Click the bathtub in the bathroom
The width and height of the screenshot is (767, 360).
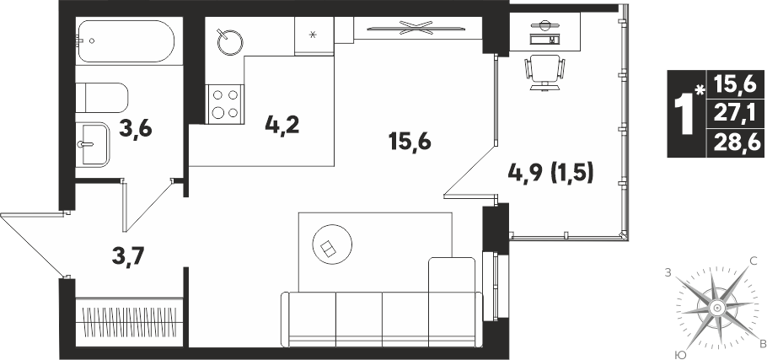(x=126, y=41)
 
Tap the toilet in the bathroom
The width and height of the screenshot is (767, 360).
(x=102, y=98)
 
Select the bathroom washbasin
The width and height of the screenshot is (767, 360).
(x=93, y=145)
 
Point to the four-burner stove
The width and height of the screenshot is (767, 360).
(x=225, y=104)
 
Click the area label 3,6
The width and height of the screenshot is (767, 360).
(x=136, y=130)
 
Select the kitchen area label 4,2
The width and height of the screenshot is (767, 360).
(x=282, y=126)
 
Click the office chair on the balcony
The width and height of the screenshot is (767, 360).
(x=544, y=73)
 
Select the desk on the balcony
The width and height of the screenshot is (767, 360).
(x=544, y=32)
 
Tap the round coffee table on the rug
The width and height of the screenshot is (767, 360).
(x=332, y=244)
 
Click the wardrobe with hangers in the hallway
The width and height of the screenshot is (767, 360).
(x=129, y=321)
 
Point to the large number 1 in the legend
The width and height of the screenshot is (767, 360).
(x=684, y=115)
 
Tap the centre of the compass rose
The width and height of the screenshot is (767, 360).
(x=716, y=308)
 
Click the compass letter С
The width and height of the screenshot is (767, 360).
(x=754, y=261)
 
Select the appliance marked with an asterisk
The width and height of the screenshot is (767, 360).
(x=314, y=35)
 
